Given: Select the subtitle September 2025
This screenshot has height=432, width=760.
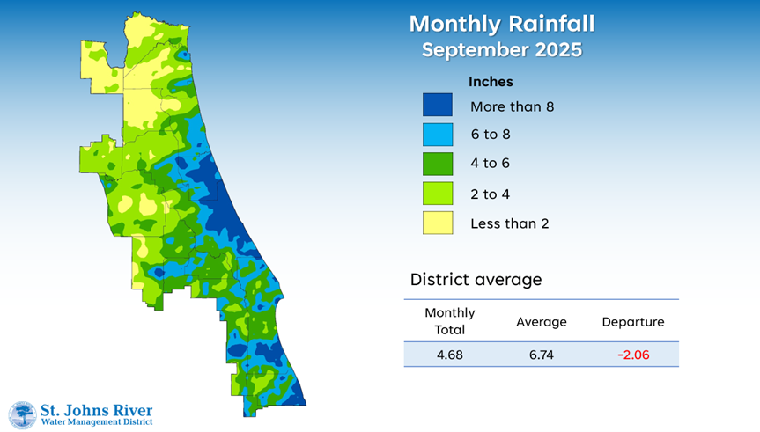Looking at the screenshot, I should tap(501, 49).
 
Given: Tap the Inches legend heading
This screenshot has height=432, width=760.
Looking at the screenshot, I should tap(491, 82).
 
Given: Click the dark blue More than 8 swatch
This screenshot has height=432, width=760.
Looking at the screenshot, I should tap(438, 106).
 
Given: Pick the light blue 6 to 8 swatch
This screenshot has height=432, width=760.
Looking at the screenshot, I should tap(438, 135).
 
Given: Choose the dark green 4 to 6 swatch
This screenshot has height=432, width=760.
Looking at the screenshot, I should tap(438, 164).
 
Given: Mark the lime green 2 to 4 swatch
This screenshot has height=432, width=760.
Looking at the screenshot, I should tap(438, 194).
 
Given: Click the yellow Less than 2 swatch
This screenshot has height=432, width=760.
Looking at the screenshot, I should tap(438, 223).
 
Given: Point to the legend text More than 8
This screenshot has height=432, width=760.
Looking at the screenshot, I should tap(512, 106).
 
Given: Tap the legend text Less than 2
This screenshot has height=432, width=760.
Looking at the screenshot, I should tap(509, 223).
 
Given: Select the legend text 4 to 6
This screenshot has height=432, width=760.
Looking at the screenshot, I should tap(490, 165).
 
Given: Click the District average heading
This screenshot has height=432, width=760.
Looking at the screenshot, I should tap(476, 280).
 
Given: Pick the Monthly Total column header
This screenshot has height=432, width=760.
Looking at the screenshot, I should tap(449, 321).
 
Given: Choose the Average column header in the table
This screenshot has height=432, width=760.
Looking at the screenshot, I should tap(541, 322).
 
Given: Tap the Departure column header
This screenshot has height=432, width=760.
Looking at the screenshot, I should tap(632, 322).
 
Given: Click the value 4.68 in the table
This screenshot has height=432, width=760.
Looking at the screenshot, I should tap(449, 355).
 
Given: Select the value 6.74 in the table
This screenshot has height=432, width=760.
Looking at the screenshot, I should tap(541, 355).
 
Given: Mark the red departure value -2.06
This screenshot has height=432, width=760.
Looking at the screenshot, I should tap(632, 355).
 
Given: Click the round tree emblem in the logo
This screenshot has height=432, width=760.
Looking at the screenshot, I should tap(22, 415).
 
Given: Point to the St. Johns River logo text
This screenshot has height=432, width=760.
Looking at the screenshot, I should tap(97, 410).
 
